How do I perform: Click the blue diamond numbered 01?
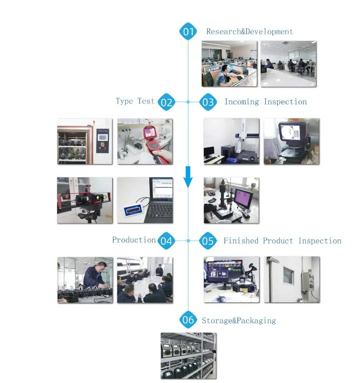(x=188, y=31)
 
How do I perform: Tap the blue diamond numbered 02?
(x=166, y=102)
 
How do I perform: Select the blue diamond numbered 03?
(x=209, y=102)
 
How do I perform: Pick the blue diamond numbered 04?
(x=166, y=241)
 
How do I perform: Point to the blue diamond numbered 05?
(x=208, y=241)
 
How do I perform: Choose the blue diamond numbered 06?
(x=188, y=320)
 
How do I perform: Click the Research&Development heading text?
(x=250, y=31)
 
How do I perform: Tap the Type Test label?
(x=135, y=101)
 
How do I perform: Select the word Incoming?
(x=241, y=102)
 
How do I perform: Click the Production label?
(x=134, y=240)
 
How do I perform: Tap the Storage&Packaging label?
(x=239, y=321)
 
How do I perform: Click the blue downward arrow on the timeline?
(x=188, y=177)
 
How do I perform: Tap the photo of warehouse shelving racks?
(x=189, y=356)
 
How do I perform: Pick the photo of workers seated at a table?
(x=145, y=280)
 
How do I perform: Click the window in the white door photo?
(x=288, y=275)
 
